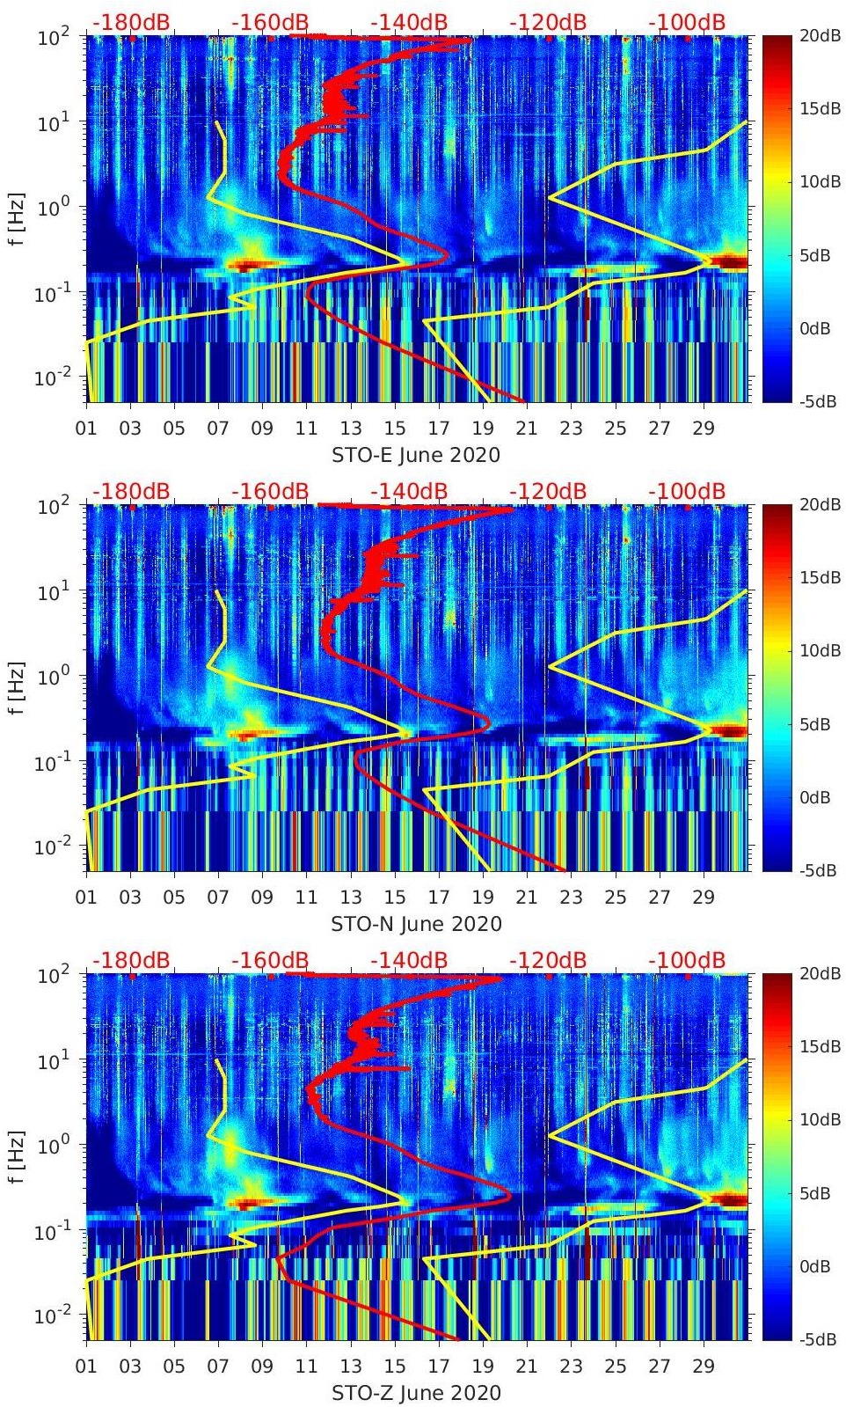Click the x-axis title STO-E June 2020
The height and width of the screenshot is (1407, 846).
pos(415,455)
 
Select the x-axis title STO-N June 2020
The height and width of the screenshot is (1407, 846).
pos(416,924)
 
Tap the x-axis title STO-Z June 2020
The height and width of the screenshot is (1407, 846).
pos(416,1393)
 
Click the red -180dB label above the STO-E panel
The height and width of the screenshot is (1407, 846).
pos(131,22)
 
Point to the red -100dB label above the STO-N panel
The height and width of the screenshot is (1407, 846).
pos(687,491)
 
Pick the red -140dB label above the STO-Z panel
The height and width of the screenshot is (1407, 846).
pos(409,960)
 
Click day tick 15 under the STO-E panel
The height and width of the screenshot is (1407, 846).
pos(395,429)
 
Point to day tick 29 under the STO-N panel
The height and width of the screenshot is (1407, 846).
pos(704,898)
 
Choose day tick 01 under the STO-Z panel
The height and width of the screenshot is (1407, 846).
pos(86,1367)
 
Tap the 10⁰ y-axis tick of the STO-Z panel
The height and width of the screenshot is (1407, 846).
pos(55,1145)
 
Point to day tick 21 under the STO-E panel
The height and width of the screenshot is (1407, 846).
pos(527,429)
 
